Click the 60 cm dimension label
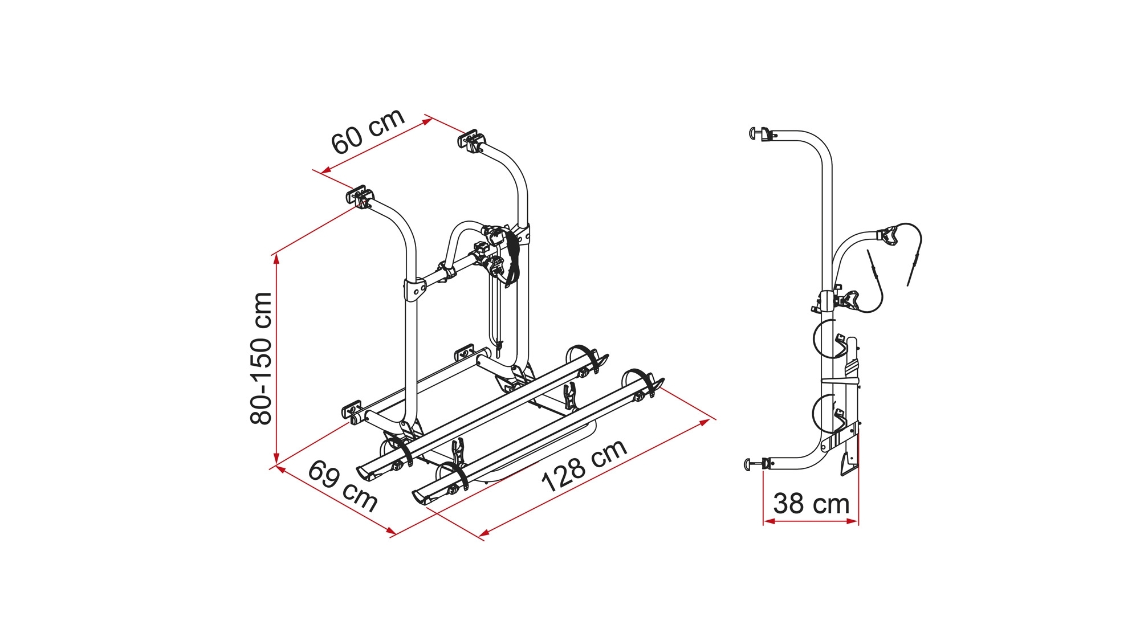pos(368,131)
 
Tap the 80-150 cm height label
pos(261,358)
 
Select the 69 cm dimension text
pos(343,486)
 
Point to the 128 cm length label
pos(584,466)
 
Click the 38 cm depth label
pos(811,504)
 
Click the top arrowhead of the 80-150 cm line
pos(276,259)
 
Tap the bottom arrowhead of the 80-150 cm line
pos(276,458)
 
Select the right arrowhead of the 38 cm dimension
pos(853,521)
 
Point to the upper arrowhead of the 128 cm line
pos(705,423)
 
